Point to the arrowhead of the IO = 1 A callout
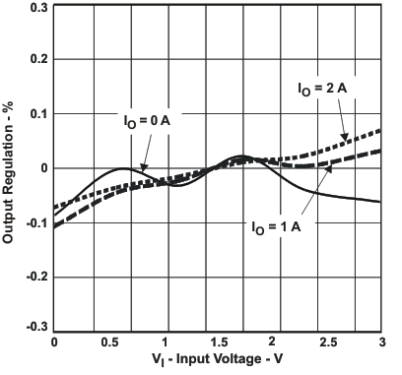coord(328,169)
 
